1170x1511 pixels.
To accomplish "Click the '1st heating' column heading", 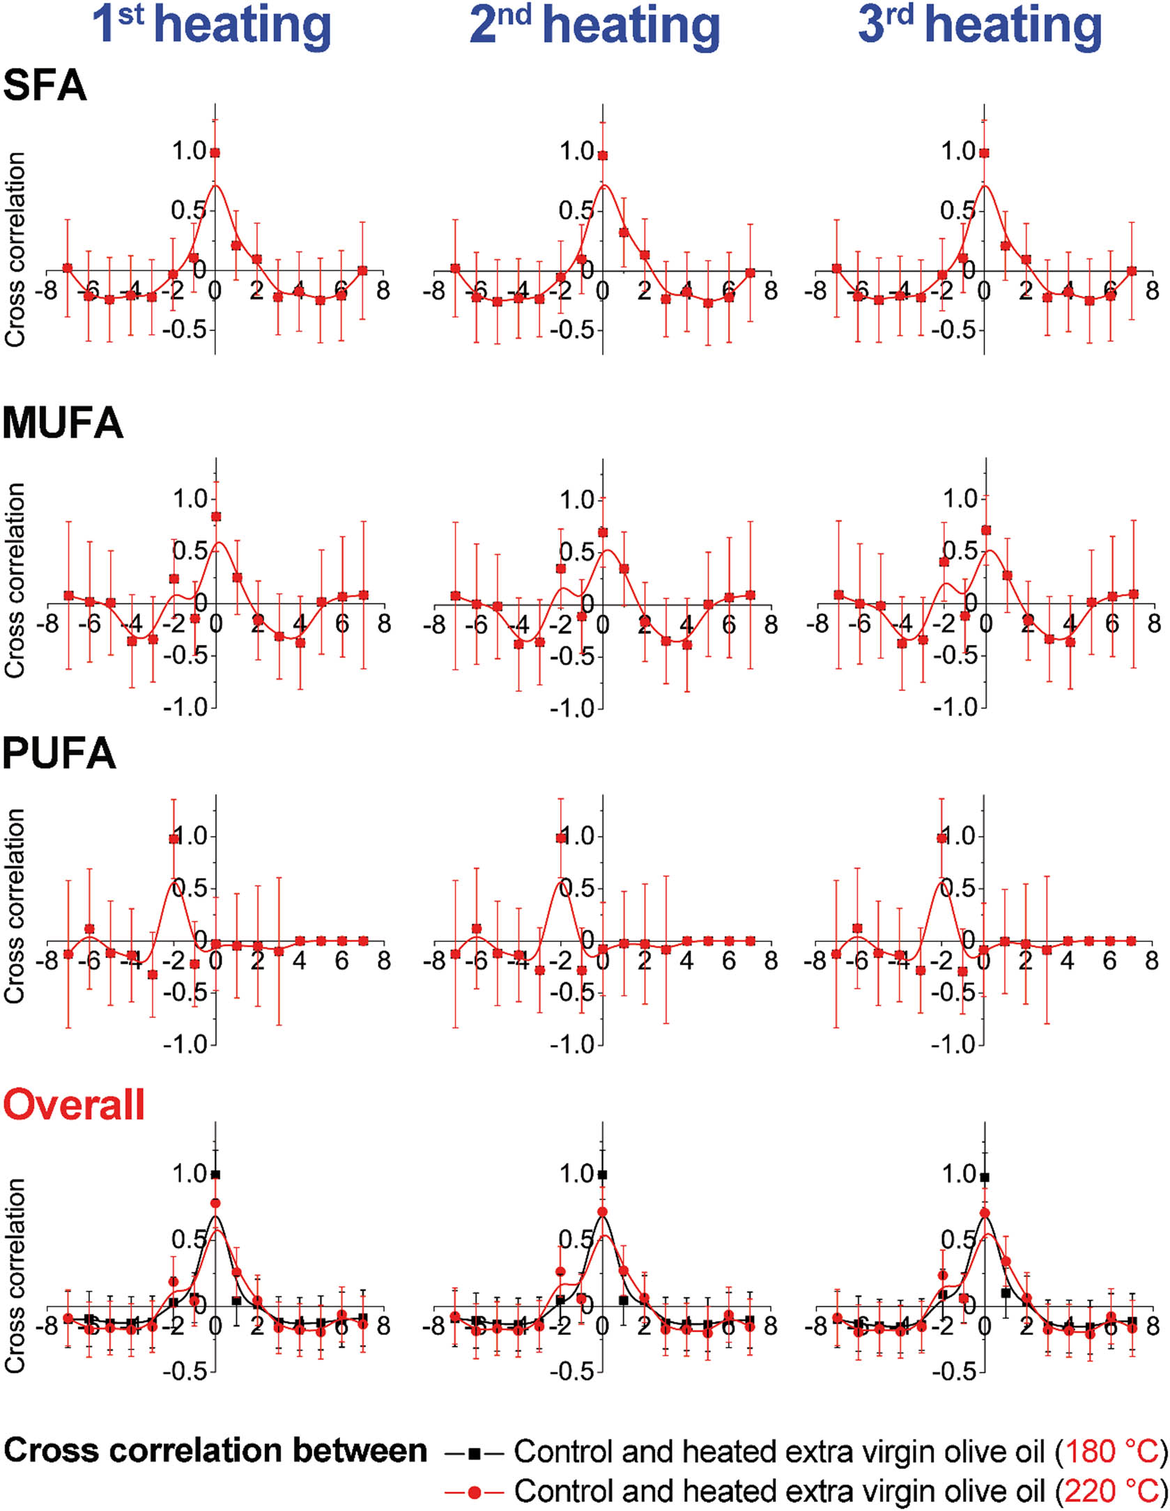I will click(212, 25).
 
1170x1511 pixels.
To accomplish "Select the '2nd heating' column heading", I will click(594, 25).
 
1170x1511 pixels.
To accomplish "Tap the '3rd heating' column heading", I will click(979, 25).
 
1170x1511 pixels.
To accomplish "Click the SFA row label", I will click(45, 86).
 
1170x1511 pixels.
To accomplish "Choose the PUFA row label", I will click(59, 753).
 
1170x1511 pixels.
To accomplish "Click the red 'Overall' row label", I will click(74, 1105).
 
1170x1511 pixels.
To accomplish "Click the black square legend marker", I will click(474, 1453).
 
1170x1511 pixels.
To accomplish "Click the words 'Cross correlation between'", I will click(215, 1452).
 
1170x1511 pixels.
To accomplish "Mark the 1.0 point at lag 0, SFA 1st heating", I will click(215, 153).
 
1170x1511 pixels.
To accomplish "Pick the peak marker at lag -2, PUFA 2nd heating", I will click(560, 838).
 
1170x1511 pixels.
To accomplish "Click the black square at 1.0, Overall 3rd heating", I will click(984, 1177).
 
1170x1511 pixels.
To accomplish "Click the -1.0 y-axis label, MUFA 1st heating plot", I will click(185, 707).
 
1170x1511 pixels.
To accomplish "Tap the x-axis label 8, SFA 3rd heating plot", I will click(1153, 290).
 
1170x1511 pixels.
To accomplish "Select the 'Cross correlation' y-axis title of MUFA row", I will click(15, 580).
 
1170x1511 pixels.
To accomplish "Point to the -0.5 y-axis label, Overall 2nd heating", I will click(572, 1371).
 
